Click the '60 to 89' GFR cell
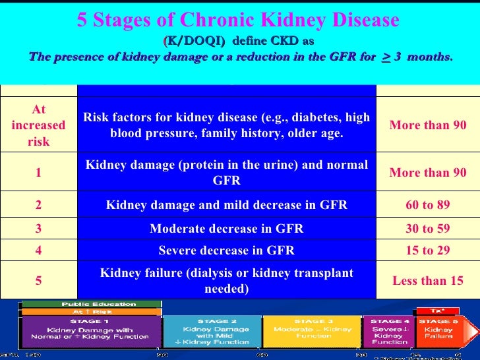click(x=428, y=205)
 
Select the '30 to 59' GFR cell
click(x=428, y=229)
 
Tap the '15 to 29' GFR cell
click(x=428, y=251)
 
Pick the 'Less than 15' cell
click(x=428, y=280)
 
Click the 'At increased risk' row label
click(x=38, y=125)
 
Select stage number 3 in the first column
click(x=38, y=229)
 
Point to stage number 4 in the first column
click(x=38, y=251)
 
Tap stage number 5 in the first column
click(x=38, y=280)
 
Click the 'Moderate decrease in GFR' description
click(x=226, y=229)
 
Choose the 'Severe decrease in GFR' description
click(x=226, y=251)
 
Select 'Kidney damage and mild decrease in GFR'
click(x=226, y=205)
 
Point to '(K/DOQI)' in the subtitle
click(x=194, y=41)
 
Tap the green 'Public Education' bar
click(x=92, y=304)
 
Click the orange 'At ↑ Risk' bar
click(x=92, y=311)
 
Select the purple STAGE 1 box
click(x=92, y=331)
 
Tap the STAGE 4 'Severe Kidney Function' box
click(x=390, y=331)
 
